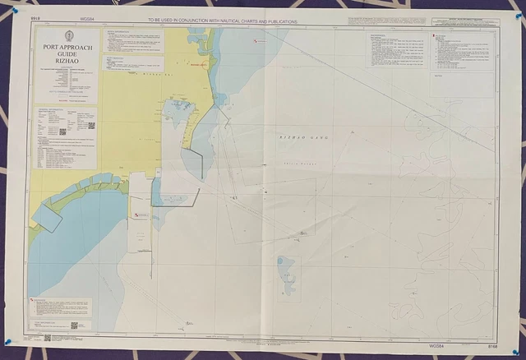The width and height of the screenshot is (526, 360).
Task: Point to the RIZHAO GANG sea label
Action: [303, 136]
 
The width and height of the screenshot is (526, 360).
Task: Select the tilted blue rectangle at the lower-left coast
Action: [46, 216]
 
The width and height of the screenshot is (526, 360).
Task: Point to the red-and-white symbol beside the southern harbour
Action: [139, 215]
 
